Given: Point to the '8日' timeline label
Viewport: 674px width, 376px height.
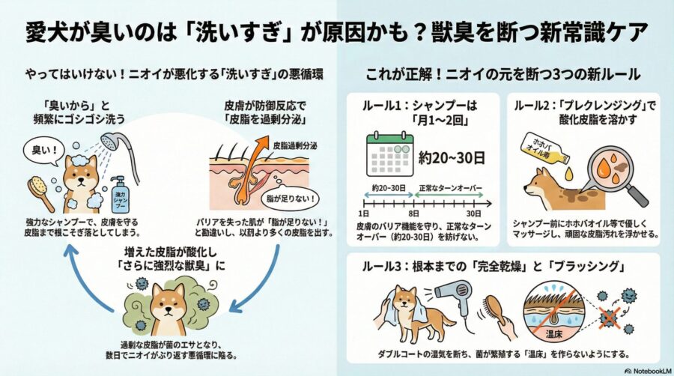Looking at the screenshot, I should click(413, 213).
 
